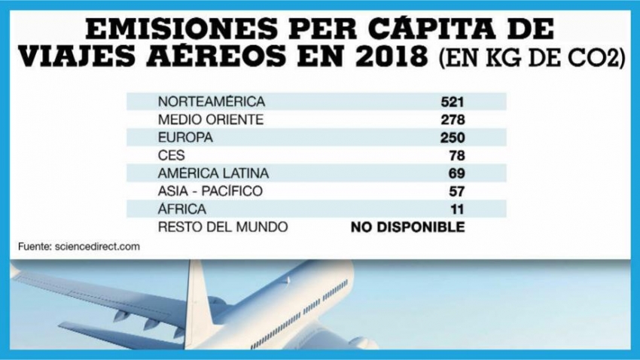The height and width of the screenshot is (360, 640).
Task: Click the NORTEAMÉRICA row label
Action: pos(201,101)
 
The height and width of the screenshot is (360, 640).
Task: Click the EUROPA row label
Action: pos(181,138)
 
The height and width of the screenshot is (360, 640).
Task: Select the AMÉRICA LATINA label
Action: pos(203,174)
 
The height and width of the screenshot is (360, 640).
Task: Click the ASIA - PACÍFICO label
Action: pos(210,192)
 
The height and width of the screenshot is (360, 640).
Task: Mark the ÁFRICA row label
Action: pos(178,209)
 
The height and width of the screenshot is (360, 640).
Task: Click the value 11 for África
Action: pos(458,209)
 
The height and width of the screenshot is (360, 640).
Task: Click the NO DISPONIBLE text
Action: pos(408,227)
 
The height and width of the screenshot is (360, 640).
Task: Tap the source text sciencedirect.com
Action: pos(97,246)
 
